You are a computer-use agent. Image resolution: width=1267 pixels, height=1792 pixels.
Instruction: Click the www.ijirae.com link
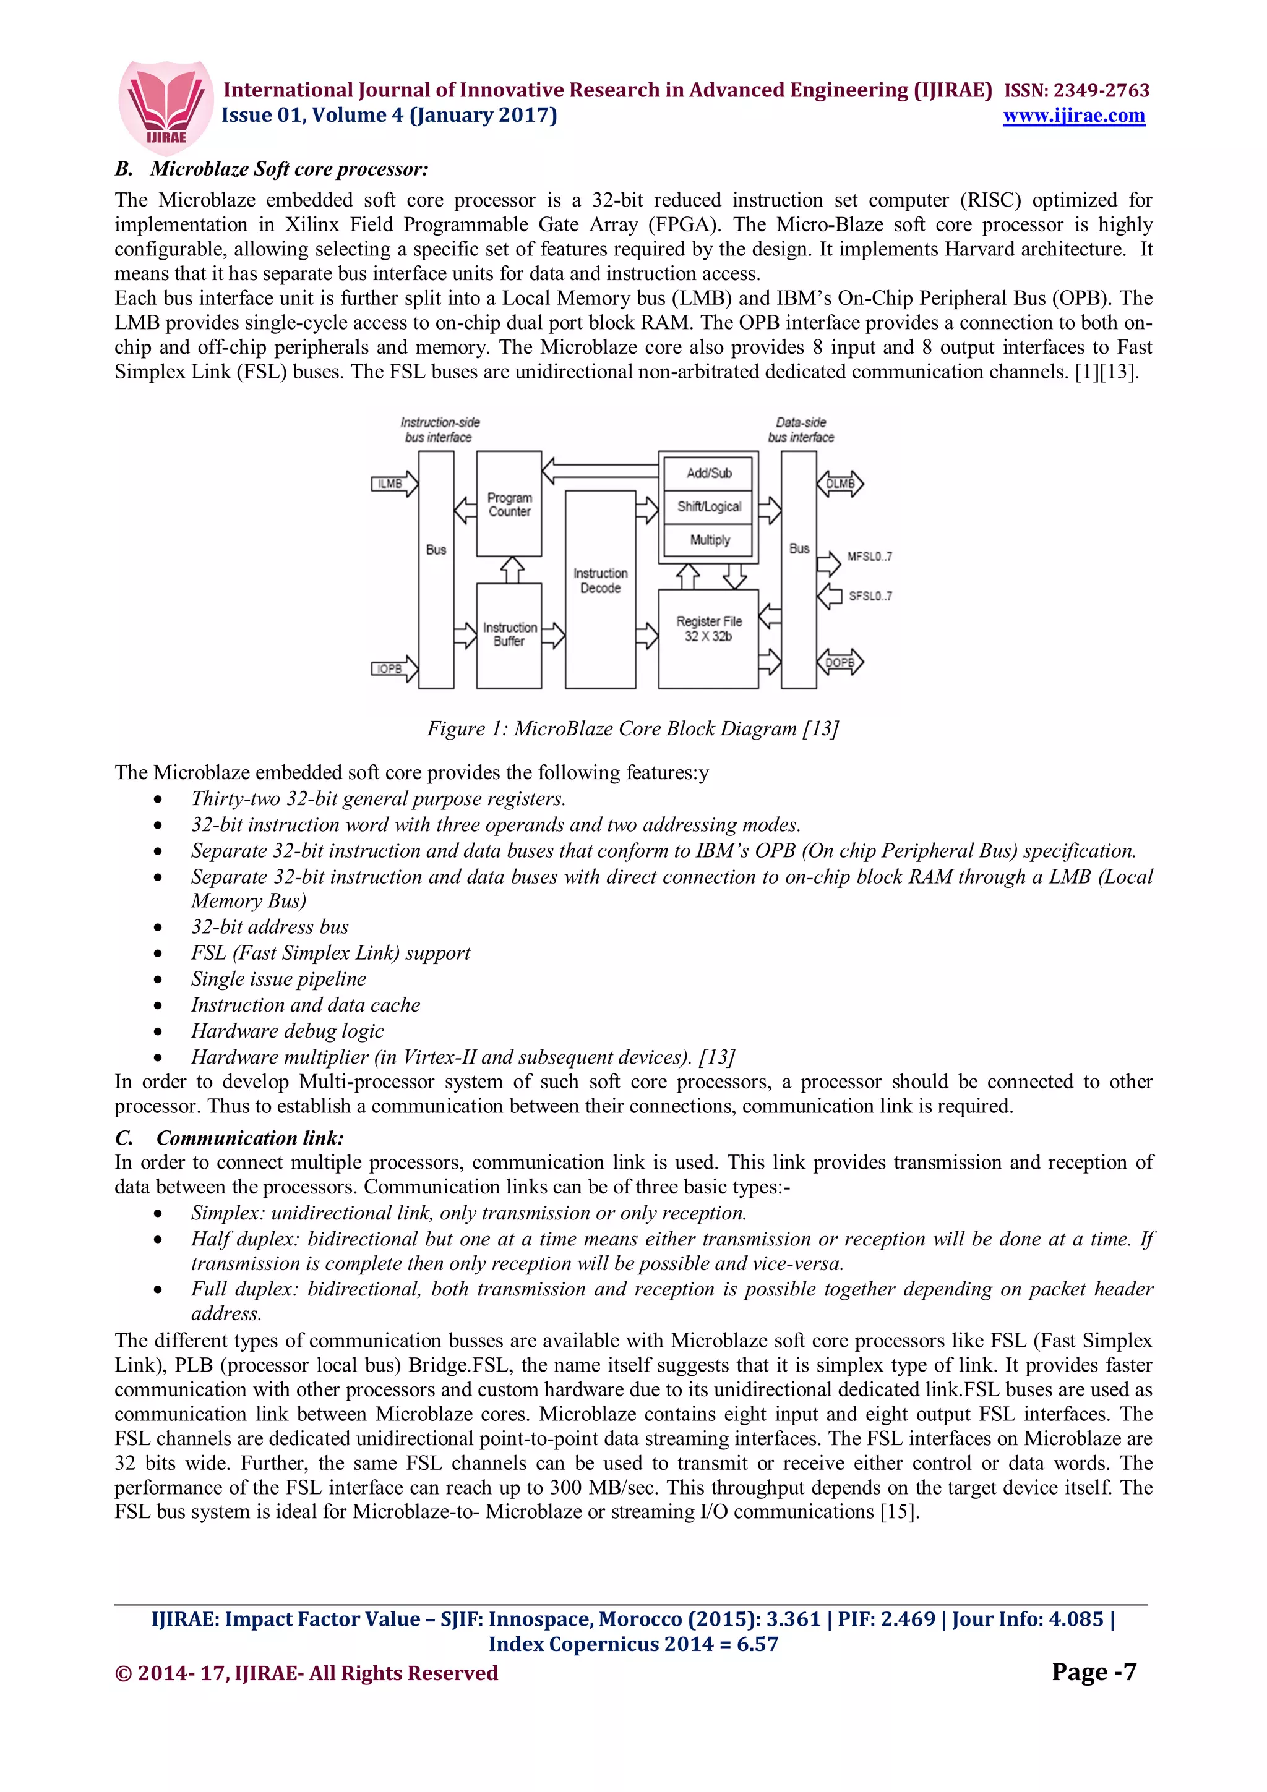(x=1073, y=116)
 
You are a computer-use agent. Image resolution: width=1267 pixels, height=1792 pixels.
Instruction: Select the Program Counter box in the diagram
(x=509, y=504)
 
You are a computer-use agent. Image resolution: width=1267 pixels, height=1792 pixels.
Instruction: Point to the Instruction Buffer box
(x=509, y=634)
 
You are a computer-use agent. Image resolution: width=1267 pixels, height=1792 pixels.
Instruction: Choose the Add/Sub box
(x=709, y=473)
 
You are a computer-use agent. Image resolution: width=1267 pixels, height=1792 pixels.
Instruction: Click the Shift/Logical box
(x=709, y=506)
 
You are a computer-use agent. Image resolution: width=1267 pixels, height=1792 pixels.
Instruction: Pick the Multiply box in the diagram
(x=709, y=540)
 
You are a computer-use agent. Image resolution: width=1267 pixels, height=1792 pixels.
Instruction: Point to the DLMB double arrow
(x=840, y=484)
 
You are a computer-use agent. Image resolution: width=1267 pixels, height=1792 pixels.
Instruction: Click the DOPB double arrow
(x=840, y=663)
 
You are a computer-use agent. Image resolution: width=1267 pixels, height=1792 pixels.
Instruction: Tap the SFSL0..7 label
(x=870, y=596)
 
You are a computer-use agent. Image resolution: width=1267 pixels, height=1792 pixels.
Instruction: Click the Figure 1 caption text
(x=632, y=728)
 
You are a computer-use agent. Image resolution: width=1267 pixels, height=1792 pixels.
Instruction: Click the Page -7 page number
(x=1093, y=1672)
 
